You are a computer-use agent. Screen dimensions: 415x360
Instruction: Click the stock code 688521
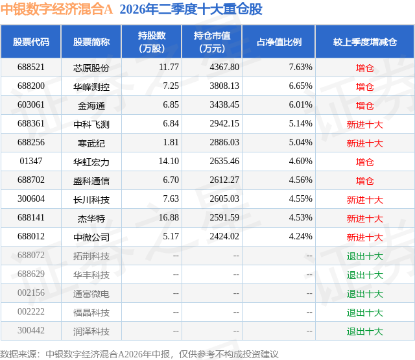pos(31,67)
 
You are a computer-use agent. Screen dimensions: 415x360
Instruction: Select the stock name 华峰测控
pos(91,86)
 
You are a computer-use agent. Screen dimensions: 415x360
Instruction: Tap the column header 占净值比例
pos(279,42)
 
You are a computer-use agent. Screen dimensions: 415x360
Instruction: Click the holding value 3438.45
pos(224,105)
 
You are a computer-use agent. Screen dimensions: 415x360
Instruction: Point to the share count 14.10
pos(169,162)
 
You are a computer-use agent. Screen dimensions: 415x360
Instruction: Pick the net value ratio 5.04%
pos(301,143)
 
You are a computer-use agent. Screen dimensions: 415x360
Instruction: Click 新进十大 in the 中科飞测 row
pos(365,124)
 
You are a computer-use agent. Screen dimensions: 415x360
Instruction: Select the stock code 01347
pos(31,162)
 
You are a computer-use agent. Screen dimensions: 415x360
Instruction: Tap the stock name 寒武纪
pos(91,143)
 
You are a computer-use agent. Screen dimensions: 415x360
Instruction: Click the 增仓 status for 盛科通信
pos(365,180)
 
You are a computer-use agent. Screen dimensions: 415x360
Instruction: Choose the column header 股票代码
pos(31,42)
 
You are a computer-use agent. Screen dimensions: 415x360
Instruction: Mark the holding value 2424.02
pos(224,236)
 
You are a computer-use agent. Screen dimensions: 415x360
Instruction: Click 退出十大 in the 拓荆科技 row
pos(365,256)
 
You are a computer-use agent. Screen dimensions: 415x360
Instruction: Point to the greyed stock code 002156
pos(31,293)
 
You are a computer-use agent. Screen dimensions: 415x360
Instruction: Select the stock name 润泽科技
pos(91,331)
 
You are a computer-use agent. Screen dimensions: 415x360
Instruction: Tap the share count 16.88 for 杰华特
pos(169,217)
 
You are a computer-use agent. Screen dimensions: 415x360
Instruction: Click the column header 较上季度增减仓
pos(365,42)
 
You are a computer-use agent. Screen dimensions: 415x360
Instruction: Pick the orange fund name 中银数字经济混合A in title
pos(56,9)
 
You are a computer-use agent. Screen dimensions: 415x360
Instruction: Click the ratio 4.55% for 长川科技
pos(301,198)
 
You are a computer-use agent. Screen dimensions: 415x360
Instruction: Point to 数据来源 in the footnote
pos(18,354)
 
